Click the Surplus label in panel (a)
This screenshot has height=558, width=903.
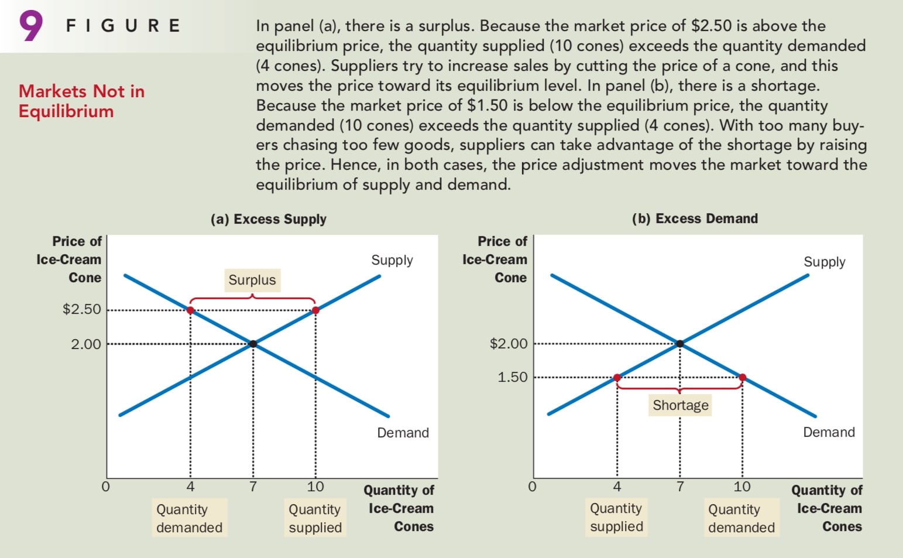click(x=252, y=280)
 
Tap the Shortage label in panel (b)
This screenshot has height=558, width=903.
click(x=680, y=405)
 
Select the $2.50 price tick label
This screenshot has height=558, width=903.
click(x=82, y=309)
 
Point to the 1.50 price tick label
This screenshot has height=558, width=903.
click(x=513, y=377)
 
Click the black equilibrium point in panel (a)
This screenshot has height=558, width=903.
click(x=253, y=344)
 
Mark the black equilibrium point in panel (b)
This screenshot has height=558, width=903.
click(x=679, y=344)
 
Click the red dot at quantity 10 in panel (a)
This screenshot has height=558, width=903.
click(x=315, y=310)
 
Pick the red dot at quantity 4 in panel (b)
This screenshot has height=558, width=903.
click(x=617, y=378)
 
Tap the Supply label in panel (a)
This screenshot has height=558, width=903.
click(x=392, y=260)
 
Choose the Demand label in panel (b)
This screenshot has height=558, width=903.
click(x=829, y=432)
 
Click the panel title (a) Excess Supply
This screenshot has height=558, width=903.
click(x=269, y=219)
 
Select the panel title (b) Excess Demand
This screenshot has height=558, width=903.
click(x=695, y=218)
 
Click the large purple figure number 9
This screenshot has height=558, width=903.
click(x=31, y=26)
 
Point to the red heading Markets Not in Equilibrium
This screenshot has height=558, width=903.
click(x=81, y=101)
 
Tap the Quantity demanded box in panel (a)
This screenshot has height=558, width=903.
click(x=189, y=518)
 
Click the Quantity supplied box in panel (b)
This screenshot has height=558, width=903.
click(x=616, y=518)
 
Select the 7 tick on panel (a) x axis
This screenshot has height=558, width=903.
click(x=253, y=487)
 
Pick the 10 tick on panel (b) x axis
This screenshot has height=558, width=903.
click(x=742, y=487)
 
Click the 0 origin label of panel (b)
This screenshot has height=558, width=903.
click(x=532, y=487)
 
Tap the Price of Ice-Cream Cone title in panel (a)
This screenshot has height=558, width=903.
click(x=69, y=259)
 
